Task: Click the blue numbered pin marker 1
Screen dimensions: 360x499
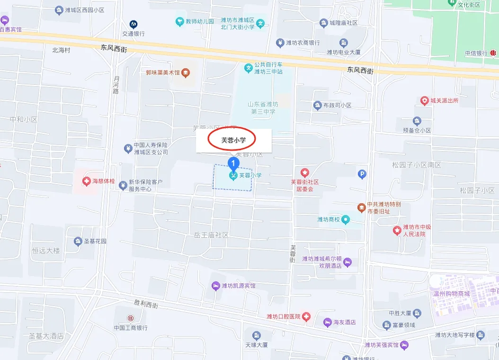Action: click(233, 164)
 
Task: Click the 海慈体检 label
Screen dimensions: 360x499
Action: click(103, 181)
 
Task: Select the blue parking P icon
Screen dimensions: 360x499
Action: click(362, 174)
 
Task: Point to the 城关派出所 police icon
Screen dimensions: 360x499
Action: click(425, 101)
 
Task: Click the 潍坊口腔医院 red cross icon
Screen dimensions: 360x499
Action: click(306, 316)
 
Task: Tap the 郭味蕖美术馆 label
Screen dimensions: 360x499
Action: click(163, 73)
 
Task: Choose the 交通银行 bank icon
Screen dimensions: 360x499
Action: click(134, 24)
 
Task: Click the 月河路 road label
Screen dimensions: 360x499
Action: click(116, 85)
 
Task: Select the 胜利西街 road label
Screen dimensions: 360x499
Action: click(146, 302)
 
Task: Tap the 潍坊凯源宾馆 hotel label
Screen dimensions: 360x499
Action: click(238, 286)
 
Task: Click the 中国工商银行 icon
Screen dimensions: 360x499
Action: click(130, 317)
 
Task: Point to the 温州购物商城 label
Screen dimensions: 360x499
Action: click(451, 293)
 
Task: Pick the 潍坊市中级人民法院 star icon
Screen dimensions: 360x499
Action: click(397, 230)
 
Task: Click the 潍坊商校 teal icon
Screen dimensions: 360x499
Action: click(346, 219)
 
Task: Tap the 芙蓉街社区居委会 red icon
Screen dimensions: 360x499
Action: click(305, 172)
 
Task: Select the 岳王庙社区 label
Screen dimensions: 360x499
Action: click(211, 235)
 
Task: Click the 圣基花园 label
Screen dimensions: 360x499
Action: click(95, 241)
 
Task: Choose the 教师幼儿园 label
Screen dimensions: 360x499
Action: click(199, 21)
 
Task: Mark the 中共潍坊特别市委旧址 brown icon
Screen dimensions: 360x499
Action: click(361, 208)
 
